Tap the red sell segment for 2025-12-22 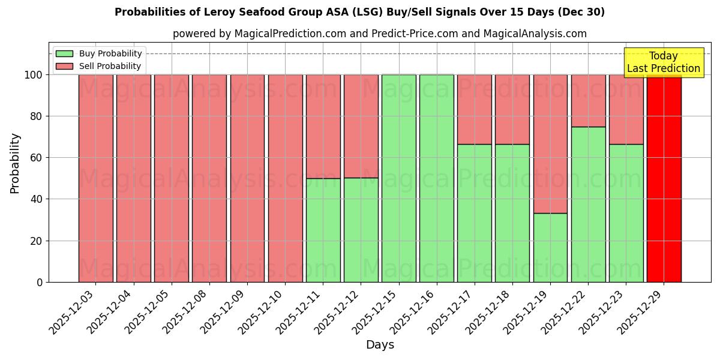click(x=588, y=100)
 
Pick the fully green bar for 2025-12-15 click(x=398, y=178)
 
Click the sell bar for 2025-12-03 click(x=95, y=178)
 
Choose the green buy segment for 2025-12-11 click(x=323, y=230)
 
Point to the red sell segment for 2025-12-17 click(x=474, y=109)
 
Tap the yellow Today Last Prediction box click(x=664, y=62)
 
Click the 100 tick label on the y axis click(x=33, y=75)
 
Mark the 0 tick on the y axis click(x=40, y=282)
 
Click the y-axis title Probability click(x=15, y=163)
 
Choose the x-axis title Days click(x=380, y=345)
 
